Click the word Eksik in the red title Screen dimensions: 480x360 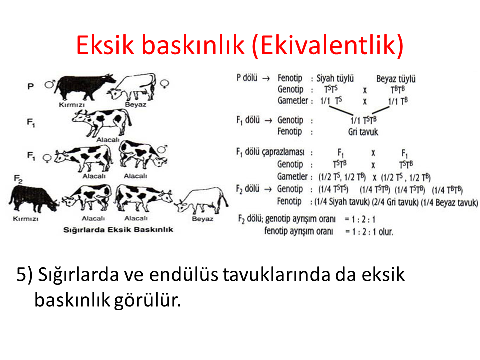105,45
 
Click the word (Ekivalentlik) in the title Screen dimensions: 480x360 328,46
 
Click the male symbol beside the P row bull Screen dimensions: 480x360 50,84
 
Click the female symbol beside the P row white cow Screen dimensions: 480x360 164,84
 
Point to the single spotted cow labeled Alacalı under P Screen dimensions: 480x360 102,122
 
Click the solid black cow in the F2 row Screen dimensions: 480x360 33,199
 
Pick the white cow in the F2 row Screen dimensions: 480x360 201,201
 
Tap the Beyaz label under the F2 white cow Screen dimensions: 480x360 202,219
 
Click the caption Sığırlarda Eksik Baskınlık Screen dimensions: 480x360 118,230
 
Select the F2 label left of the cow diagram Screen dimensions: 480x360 18,179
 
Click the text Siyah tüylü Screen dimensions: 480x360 335,78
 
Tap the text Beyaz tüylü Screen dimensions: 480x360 396,79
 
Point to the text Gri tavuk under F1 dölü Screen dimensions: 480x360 363,132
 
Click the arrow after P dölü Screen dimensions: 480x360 266,79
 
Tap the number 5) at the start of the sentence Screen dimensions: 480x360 24,274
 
